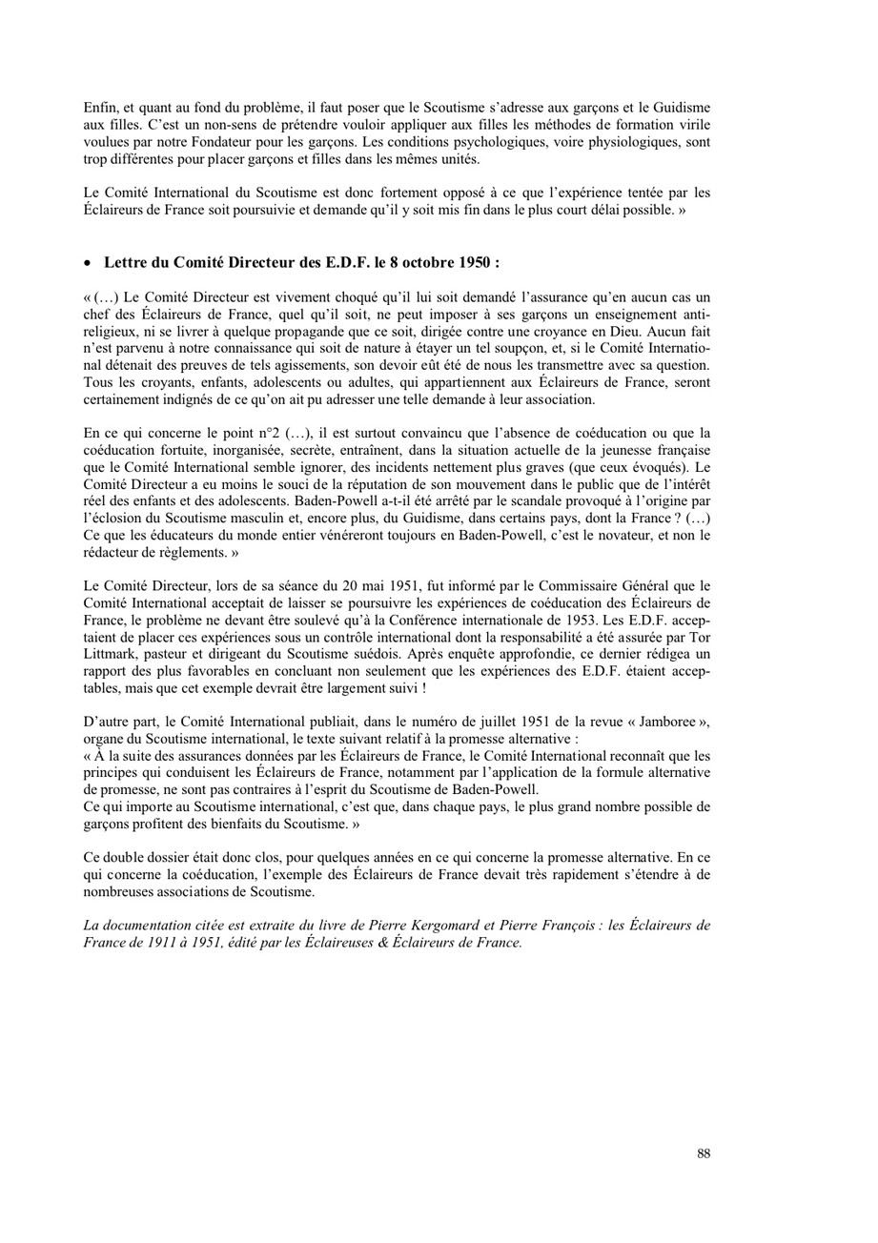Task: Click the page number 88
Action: [x=704, y=1153]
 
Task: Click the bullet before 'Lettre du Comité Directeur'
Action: [x=89, y=262]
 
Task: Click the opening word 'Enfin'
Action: [x=101, y=108]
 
